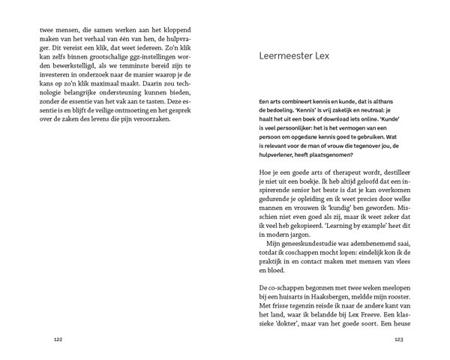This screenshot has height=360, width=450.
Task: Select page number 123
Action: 398,340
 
